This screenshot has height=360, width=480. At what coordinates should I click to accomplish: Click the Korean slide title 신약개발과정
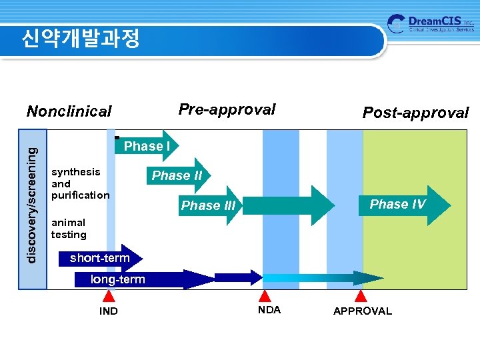coord(80,39)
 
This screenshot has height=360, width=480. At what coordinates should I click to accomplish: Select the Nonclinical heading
coord(69,111)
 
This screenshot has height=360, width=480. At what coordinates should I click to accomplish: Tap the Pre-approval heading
coord(227,110)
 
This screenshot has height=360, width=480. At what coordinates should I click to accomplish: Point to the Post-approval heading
coord(415,113)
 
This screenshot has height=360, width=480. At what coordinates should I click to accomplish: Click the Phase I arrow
coord(147,146)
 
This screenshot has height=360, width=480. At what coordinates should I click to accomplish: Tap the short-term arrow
coord(100,258)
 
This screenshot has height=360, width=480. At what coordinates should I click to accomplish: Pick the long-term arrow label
coord(118,279)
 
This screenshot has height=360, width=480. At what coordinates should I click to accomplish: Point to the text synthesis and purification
coord(80,183)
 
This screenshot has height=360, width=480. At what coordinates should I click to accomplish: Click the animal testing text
coord(69,229)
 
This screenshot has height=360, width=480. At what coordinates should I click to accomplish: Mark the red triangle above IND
coord(108,297)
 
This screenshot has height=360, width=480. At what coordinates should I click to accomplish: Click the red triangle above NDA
coord(265,296)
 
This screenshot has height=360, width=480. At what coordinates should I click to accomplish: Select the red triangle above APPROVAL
coord(361,296)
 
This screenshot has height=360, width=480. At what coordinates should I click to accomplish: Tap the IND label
coord(108,311)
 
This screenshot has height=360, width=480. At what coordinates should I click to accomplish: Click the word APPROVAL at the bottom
coord(362,311)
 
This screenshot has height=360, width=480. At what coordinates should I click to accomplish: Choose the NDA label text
coord(269,310)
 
